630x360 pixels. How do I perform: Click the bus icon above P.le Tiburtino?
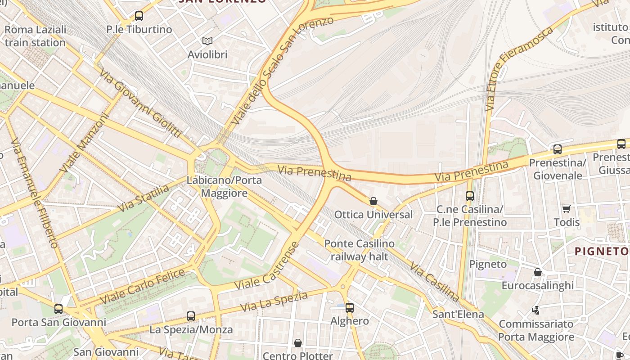(139, 16)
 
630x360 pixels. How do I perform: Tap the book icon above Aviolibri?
(207, 41)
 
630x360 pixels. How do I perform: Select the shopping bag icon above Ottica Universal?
(373, 201)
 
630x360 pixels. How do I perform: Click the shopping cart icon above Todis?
(567, 209)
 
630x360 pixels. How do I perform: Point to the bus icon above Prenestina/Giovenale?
(558, 149)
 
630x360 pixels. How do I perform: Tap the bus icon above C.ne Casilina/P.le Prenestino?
(470, 196)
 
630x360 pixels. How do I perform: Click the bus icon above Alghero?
(350, 308)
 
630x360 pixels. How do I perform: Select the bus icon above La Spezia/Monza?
(191, 316)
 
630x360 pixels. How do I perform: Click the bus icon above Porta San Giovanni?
(58, 309)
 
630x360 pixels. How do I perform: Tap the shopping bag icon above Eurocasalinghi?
(537, 272)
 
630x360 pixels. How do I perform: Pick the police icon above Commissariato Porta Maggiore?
(536, 310)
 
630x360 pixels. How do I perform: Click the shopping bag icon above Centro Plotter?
(297, 343)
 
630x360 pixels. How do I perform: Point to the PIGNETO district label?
(602, 251)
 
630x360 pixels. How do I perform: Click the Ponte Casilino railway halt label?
(359, 250)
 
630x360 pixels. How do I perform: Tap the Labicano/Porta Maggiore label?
(224, 187)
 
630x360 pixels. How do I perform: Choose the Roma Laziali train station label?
(35, 36)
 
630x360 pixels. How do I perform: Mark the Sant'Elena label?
(458, 314)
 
